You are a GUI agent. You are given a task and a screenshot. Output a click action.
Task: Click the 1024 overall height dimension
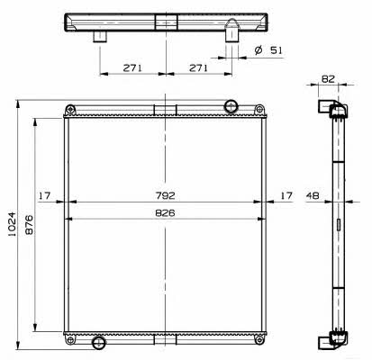point(13,224)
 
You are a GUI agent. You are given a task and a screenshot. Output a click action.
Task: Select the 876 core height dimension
point(29,224)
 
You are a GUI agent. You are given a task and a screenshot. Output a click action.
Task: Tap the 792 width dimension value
point(166,195)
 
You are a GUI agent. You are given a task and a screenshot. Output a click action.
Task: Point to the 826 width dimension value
point(165,213)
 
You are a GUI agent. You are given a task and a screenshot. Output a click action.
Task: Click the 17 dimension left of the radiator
point(44,196)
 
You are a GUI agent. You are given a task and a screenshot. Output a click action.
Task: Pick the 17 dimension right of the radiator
point(286,195)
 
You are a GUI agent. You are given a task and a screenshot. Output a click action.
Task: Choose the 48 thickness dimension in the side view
point(313,195)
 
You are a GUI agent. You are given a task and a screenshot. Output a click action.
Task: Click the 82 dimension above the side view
point(328,79)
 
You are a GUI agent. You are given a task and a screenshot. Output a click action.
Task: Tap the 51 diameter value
point(277,50)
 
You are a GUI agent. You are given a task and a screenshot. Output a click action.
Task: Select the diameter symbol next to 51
point(259,50)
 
